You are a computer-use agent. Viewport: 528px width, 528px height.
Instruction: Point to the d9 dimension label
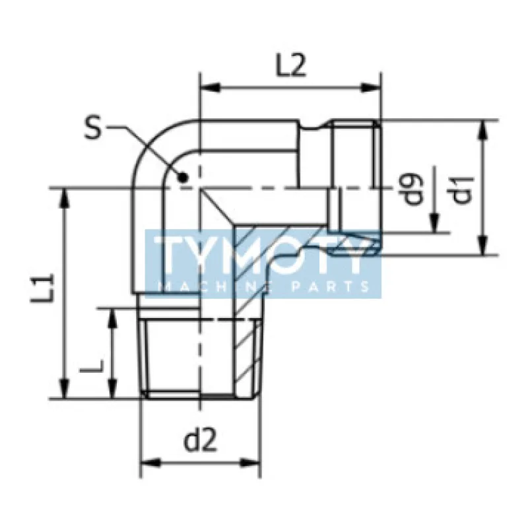[414, 188]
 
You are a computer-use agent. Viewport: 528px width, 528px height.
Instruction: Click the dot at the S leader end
[184, 176]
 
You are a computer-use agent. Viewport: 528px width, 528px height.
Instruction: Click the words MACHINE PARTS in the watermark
[264, 286]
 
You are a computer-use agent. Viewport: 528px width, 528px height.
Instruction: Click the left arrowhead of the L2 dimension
[205, 86]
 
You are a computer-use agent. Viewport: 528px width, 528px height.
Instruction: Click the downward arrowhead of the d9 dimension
[435, 226]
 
